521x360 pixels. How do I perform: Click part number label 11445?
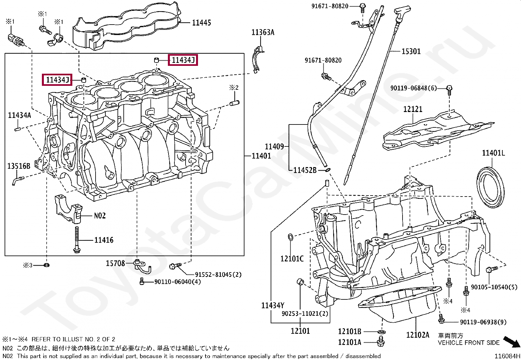coord(201,23)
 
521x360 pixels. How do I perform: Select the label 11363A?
coord(263,32)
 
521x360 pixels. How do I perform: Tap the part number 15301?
coord(411,51)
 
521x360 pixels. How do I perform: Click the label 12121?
coord(413,109)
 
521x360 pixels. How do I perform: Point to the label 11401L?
coord(493,153)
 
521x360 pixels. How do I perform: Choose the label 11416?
coord(104,240)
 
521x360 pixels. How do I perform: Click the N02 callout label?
coord(100,216)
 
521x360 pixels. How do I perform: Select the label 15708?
coord(116,263)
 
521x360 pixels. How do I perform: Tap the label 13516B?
coord(19,166)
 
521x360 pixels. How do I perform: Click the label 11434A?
coord(19,115)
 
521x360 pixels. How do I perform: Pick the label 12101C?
coord(292,259)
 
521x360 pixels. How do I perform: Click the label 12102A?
coord(418,335)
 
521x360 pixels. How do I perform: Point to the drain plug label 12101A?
coord(350,342)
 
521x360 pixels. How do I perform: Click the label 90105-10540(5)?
coord(494,287)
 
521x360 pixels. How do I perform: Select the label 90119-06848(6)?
coord(414,88)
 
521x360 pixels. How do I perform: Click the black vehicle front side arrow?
coord(512,342)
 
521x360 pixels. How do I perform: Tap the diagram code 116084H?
coord(507,356)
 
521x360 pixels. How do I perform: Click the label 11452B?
coord(305,170)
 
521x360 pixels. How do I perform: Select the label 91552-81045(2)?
coord(218,275)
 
